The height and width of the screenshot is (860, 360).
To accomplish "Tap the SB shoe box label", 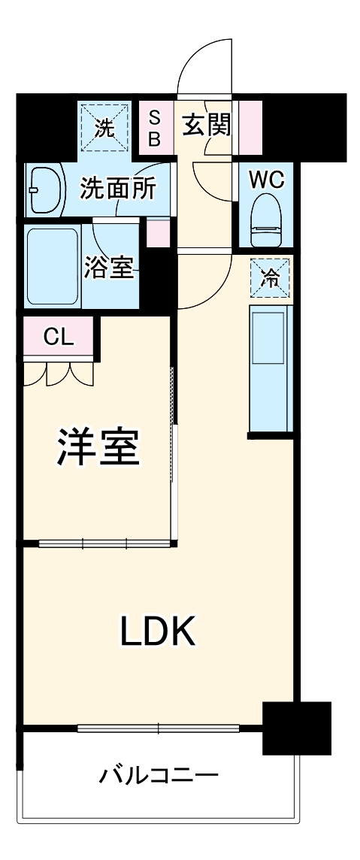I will pyautogui.click(x=153, y=128).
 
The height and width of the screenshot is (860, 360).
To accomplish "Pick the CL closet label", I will pyautogui.click(x=58, y=337).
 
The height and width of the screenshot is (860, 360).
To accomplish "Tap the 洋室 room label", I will pyautogui.click(x=97, y=449).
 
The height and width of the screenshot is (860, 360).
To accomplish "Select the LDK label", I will pyautogui.click(x=158, y=632).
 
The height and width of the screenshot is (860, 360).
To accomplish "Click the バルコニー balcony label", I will pyautogui.click(x=159, y=774).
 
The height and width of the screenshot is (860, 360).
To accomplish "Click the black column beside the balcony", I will pyautogui.click(x=296, y=727).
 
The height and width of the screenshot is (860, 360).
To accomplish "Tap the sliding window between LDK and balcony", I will pyautogui.click(x=158, y=728).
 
